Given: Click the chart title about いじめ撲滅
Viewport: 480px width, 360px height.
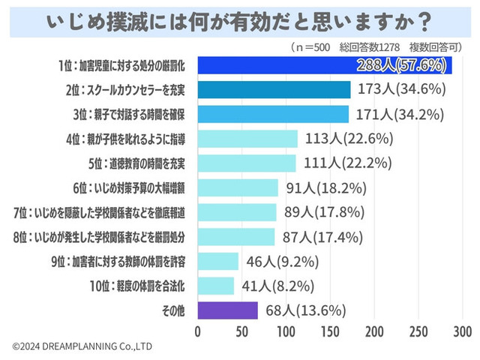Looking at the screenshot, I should pyautogui.click(x=239, y=20).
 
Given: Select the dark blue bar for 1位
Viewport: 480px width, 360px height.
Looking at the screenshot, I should pyautogui.click(x=325, y=64).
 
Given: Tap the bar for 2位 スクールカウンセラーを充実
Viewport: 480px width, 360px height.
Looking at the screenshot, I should pyautogui.click(x=274, y=89).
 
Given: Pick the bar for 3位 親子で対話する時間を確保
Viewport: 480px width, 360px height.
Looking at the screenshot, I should pyautogui.click(x=273, y=114).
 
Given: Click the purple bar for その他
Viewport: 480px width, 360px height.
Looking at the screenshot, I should pyautogui.click(x=228, y=310).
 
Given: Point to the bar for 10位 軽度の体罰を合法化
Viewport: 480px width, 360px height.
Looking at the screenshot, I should pyautogui.click(x=216, y=286).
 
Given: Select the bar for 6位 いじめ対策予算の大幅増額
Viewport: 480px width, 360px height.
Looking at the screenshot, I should pyautogui.click(x=238, y=187).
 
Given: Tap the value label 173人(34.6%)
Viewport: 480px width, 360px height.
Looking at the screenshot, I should pyautogui.click(x=401, y=89).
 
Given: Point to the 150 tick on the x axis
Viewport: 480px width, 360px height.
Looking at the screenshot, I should pyautogui.click(x=330, y=331).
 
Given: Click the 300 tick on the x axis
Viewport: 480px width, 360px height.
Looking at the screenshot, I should pyautogui.click(x=462, y=331).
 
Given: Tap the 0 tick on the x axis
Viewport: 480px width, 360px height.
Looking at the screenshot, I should pyautogui.click(x=198, y=331).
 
